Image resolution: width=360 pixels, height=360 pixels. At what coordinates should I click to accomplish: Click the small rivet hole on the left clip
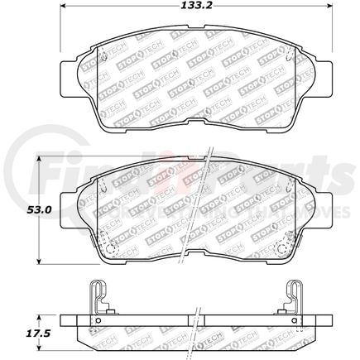98,321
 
